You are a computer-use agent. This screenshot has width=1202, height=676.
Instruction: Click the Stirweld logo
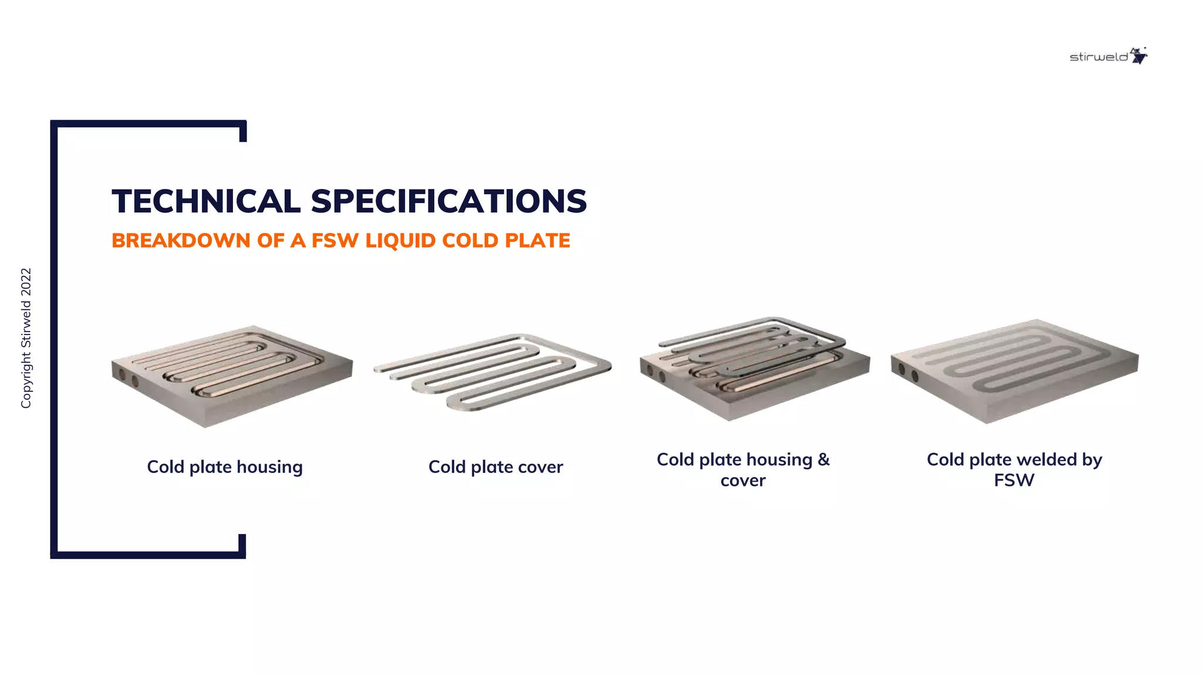click(1108, 56)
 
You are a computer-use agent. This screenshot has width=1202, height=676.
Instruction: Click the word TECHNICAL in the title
click(206, 201)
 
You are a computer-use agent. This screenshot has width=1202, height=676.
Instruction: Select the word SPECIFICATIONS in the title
click(448, 201)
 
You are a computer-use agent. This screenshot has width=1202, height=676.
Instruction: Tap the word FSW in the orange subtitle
click(335, 241)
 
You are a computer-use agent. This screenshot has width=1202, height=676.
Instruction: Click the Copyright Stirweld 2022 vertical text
click(26, 338)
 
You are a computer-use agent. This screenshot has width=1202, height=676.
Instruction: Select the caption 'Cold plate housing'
click(225, 467)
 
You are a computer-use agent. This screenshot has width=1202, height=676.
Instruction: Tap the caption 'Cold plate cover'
click(495, 467)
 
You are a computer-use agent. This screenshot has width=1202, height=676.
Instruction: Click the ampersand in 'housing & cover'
click(823, 459)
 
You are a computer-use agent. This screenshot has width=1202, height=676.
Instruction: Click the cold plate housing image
click(232, 376)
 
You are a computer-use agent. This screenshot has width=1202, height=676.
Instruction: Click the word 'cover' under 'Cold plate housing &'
click(743, 481)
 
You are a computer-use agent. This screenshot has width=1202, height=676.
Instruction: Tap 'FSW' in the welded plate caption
click(1014, 481)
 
